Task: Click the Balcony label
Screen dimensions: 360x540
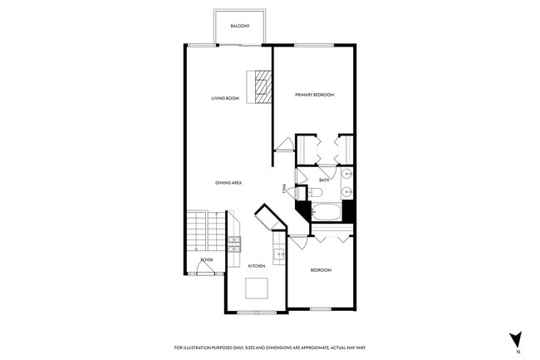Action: [240, 27]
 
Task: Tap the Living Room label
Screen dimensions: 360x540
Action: [225, 99]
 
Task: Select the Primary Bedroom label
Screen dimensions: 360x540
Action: [314, 95]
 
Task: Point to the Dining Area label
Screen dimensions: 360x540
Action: [228, 183]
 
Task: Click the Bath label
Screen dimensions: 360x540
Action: [325, 180]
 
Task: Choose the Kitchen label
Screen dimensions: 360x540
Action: [257, 265]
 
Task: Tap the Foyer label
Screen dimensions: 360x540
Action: [207, 260]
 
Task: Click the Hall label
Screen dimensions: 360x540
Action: [285, 189]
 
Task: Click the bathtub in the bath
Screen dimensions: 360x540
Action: [326, 212]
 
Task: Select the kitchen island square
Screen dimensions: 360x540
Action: [258, 288]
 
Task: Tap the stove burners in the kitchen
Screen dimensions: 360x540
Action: [234, 244]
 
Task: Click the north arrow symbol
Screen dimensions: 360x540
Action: [516, 339]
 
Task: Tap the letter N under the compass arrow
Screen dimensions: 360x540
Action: [517, 353]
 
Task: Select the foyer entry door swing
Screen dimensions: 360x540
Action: [206, 269]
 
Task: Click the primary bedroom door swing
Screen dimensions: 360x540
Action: [284, 145]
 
